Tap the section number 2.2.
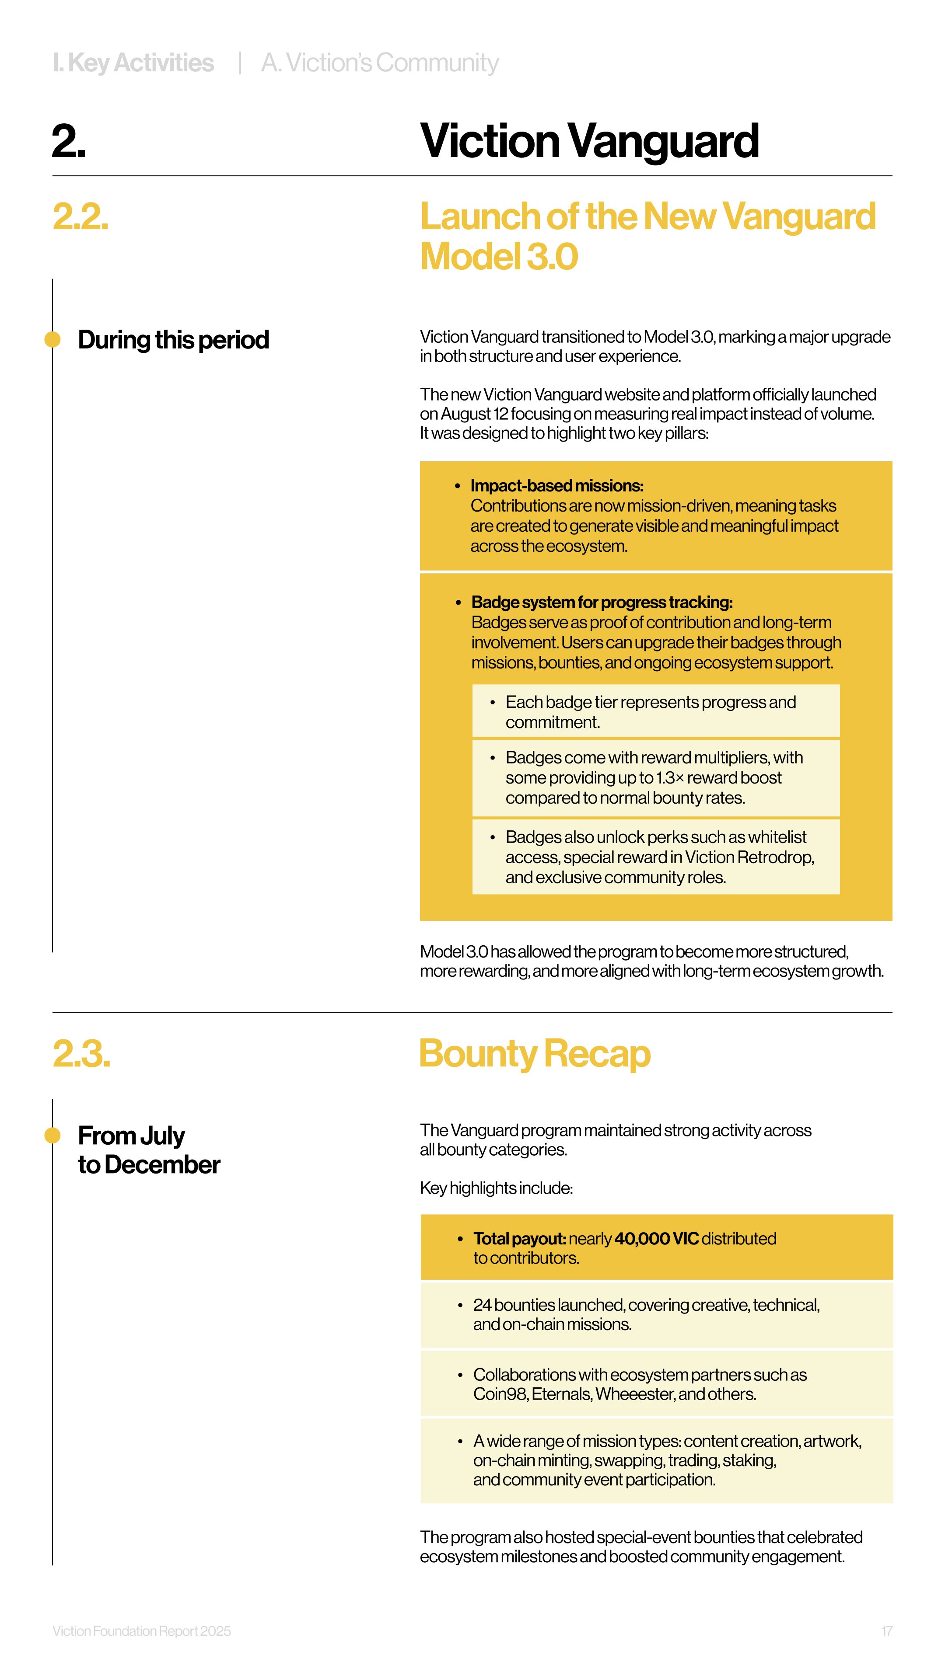click(x=80, y=217)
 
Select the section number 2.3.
click(x=81, y=1054)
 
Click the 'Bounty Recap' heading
click(x=535, y=1054)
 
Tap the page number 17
click(x=886, y=1631)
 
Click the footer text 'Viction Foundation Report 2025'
click(x=141, y=1631)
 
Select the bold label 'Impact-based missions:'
click(x=557, y=486)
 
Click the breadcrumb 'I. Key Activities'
click(x=133, y=63)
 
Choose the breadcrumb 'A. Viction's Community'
click(x=380, y=63)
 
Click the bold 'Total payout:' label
click(x=519, y=1238)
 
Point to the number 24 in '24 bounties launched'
click(x=482, y=1305)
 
